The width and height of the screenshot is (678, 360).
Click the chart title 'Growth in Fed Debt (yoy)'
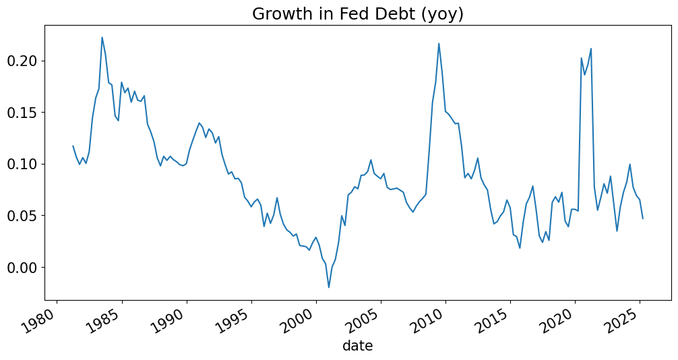(357, 13)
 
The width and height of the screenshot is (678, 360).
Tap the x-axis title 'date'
(357, 346)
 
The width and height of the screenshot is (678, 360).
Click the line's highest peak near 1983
(102, 37)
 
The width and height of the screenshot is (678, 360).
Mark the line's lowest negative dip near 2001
(329, 287)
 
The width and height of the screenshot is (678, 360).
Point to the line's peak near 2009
(439, 44)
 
